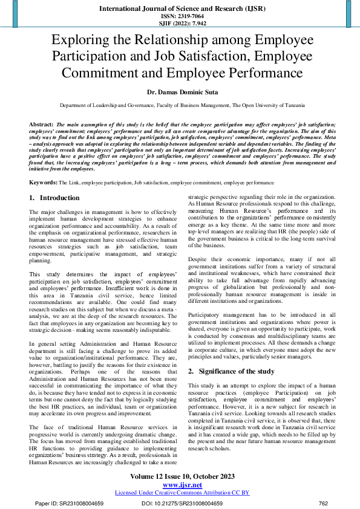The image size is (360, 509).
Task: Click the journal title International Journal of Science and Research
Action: (x=180, y=10)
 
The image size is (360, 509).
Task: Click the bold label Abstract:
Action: (x=41, y=123)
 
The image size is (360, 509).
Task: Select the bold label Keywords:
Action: (x=43, y=182)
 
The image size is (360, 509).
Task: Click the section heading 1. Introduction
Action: (x=54, y=198)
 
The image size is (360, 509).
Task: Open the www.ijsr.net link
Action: (x=180, y=485)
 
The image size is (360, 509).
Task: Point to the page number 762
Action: (x=323, y=503)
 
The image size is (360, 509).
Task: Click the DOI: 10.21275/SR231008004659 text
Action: (x=182, y=503)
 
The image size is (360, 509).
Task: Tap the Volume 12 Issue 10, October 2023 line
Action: (x=180, y=476)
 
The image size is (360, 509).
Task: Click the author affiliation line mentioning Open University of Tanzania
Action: (x=180, y=105)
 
